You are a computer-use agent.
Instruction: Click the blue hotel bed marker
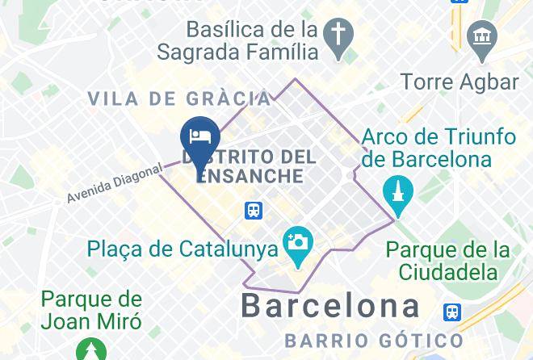coord(196,133)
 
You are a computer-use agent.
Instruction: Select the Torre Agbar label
coord(459,82)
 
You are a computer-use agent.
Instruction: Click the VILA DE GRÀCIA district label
coord(178,98)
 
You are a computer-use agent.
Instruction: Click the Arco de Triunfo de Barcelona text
coord(426,147)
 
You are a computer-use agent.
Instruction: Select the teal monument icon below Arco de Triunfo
coord(398,192)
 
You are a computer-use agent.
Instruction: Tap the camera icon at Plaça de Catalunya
coord(297,241)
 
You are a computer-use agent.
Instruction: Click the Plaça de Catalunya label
coord(183,249)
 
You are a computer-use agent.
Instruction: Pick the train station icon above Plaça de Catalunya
coord(254,211)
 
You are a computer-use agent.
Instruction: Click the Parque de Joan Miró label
coord(91,310)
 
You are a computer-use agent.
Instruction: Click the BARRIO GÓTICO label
coord(374,340)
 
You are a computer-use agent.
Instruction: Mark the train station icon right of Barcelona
coord(453,312)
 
